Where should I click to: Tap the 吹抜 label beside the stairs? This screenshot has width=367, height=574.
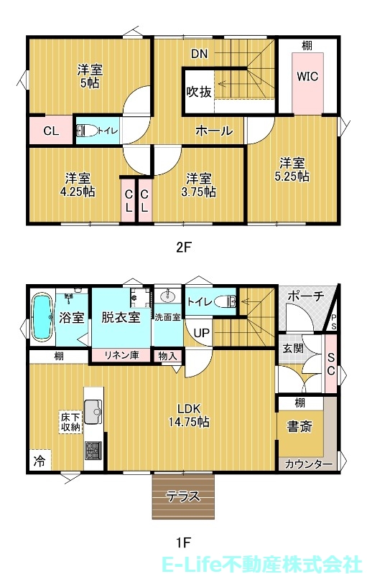tap(198, 92)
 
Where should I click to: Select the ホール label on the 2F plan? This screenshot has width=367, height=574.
tap(214, 131)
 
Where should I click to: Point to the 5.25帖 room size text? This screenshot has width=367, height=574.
tap(294, 176)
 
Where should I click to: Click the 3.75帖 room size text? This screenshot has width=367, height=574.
tap(200, 192)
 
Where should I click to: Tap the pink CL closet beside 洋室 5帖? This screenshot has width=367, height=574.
tap(50, 131)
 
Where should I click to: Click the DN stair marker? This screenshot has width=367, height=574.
tap(200, 52)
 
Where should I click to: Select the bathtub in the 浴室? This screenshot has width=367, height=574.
tap(42, 317)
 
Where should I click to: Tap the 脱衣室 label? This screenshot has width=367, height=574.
tap(120, 317)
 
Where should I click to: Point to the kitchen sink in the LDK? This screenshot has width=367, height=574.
tap(93, 412)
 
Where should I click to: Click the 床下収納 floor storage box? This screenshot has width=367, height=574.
tap(70, 421)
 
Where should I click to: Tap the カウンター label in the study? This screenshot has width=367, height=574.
tap(308, 464)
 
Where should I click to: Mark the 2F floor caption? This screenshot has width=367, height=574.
tap(185, 248)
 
